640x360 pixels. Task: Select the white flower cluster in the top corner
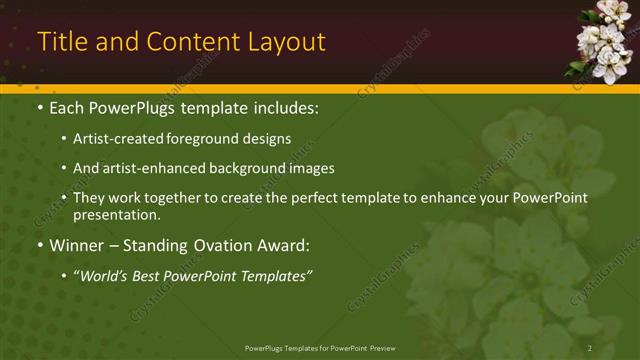click(602, 40)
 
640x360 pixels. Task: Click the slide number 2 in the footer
click(590, 347)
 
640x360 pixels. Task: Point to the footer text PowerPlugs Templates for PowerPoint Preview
click(320, 347)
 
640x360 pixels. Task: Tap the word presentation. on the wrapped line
click(116, 214)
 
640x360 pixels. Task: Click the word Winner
click(77, 245)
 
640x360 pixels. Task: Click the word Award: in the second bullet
click(284, 245)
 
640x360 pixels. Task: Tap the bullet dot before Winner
click(40, 245)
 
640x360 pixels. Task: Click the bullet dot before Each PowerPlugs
click(40, 106)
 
